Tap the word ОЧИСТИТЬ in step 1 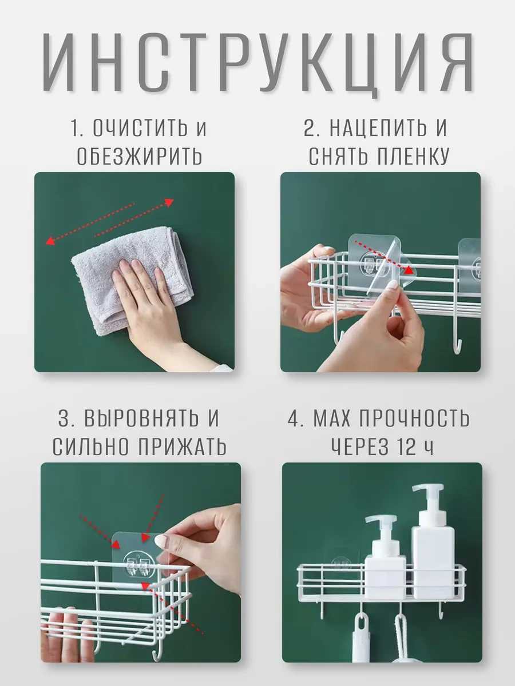tap(140, 127)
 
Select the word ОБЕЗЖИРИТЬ tap(140, 155)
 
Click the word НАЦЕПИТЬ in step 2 tap(378, 127)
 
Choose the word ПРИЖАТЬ tap(183, 446)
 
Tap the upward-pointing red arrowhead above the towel tap(169, 202)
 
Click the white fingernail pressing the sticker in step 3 tap(162, 540)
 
